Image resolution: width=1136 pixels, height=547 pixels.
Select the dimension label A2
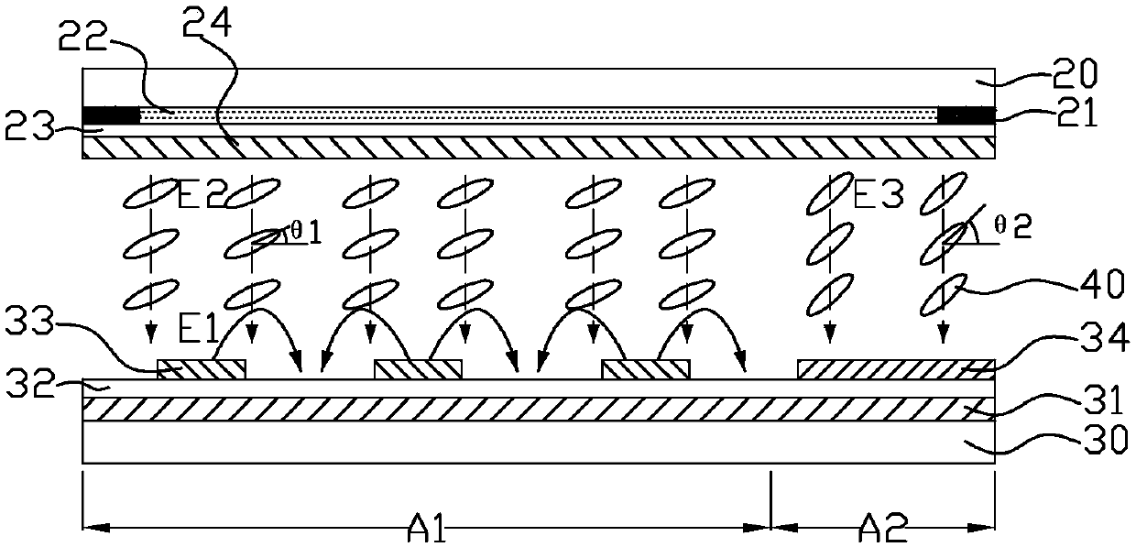pos(883,530)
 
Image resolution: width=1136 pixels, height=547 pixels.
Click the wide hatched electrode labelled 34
pos(895,368)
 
